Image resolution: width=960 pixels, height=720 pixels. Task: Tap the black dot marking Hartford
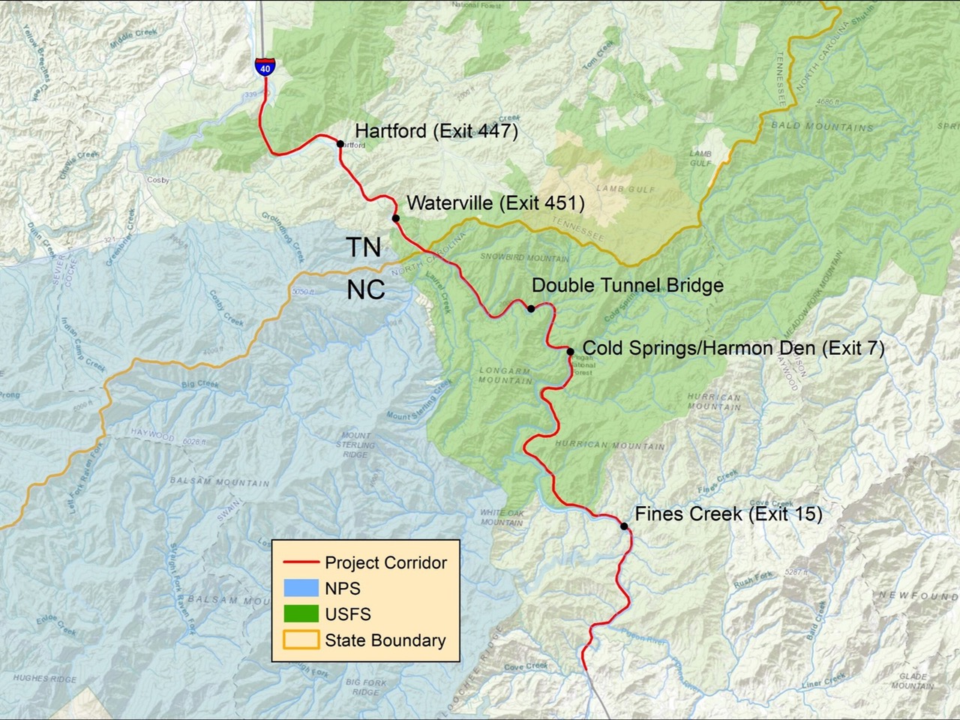click(x=340, y=144)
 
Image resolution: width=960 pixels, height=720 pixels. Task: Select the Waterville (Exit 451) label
click(x=495, y=202)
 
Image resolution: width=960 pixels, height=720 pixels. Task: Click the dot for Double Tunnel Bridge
click(x=531, y=308)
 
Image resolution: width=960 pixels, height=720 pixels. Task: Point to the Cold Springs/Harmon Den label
click(x=733, y=348)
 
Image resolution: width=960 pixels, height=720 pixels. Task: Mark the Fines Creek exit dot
click(x=625, y=526)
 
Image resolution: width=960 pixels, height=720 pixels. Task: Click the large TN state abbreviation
click(x=363, y=247)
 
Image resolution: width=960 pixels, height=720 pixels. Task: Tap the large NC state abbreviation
click(x=366, y=289)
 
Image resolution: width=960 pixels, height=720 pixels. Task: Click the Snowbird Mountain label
click(x=524, y=258)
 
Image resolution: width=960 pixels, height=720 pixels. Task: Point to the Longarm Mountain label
click(x=505, y=376)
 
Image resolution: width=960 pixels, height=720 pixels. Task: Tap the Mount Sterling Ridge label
click(x=355, y=445)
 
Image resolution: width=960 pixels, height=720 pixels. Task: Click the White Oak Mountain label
click(x=502, y=517)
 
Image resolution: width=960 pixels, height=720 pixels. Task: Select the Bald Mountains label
click(x=823, y=126)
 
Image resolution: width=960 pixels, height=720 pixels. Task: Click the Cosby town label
click(x=158, y=180)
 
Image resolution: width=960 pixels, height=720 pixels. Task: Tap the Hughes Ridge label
click(x=45, y=678)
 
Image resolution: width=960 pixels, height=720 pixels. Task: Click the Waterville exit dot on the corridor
click(x=396, y=218)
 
